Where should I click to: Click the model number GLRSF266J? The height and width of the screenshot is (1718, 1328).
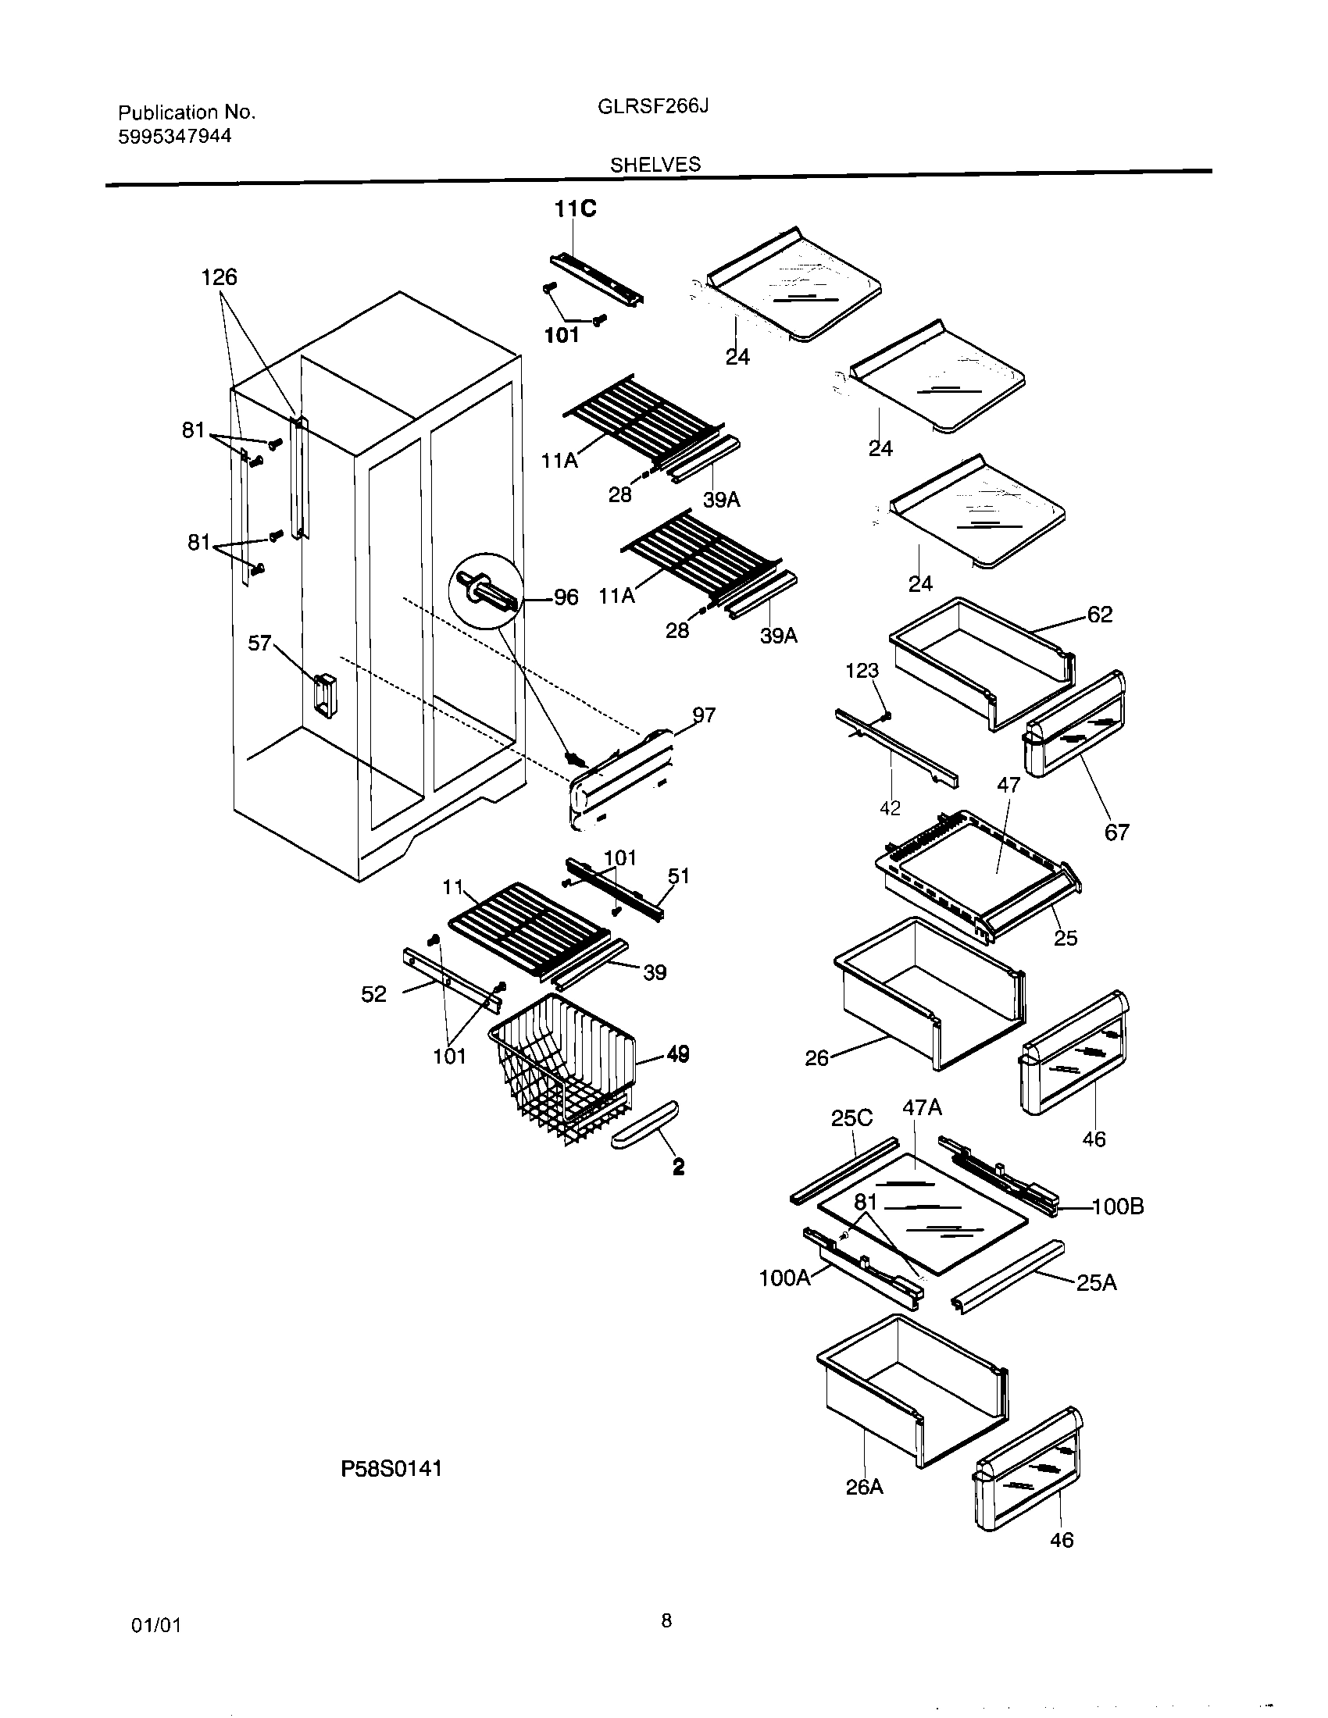[653, 106]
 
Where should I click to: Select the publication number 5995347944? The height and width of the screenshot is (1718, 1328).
[175, 136]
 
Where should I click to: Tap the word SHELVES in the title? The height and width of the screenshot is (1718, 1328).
[655, 165]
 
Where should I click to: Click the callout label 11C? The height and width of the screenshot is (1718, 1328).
[575, 209]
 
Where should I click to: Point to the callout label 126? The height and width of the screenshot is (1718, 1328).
[219, 277]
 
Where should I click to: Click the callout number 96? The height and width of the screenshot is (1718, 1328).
[566, 597]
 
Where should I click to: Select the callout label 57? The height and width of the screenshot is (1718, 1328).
[259, 643]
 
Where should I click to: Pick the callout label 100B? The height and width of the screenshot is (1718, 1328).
[1117, 1207]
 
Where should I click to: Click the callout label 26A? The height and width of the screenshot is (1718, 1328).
[864, 1488]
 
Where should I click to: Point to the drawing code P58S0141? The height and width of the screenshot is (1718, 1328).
[391, 1468]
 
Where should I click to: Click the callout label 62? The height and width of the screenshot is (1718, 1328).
[1100, 615]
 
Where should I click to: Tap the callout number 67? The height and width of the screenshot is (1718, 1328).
[1116, 832]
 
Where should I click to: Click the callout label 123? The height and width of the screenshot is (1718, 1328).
[862, 670]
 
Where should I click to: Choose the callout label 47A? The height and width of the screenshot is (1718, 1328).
[921, 1107]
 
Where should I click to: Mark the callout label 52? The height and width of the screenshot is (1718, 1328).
[374, 994]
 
